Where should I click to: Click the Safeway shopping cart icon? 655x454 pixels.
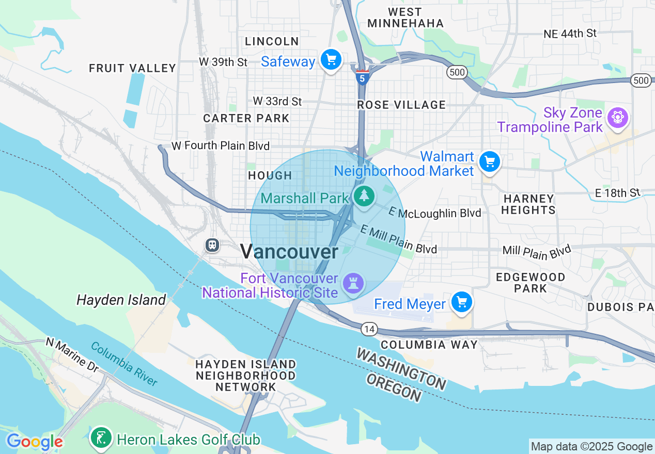point(331,60)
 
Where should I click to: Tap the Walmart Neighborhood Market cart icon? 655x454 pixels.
point(489,162)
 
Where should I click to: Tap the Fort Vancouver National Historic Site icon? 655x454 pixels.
point(354,283)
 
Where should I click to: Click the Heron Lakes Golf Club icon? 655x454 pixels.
point(101,438)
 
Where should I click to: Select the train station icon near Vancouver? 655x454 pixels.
point(212,245)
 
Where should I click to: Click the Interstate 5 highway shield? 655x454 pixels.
point(362,77)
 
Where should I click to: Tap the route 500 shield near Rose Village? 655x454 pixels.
point(457,72)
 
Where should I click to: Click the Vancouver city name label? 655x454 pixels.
point(289,252)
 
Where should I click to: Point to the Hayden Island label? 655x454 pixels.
point(121,300)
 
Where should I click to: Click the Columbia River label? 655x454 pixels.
point(124,363)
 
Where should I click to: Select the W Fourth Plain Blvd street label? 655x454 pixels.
point(221,146)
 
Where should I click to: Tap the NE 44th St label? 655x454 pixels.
point(570,34)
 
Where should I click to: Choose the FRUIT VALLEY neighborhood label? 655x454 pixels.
point(133,68)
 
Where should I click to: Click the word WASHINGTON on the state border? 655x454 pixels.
point(401,368)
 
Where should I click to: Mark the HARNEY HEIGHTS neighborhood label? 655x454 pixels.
point(528,204)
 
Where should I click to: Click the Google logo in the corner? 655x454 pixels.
point(35,442)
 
